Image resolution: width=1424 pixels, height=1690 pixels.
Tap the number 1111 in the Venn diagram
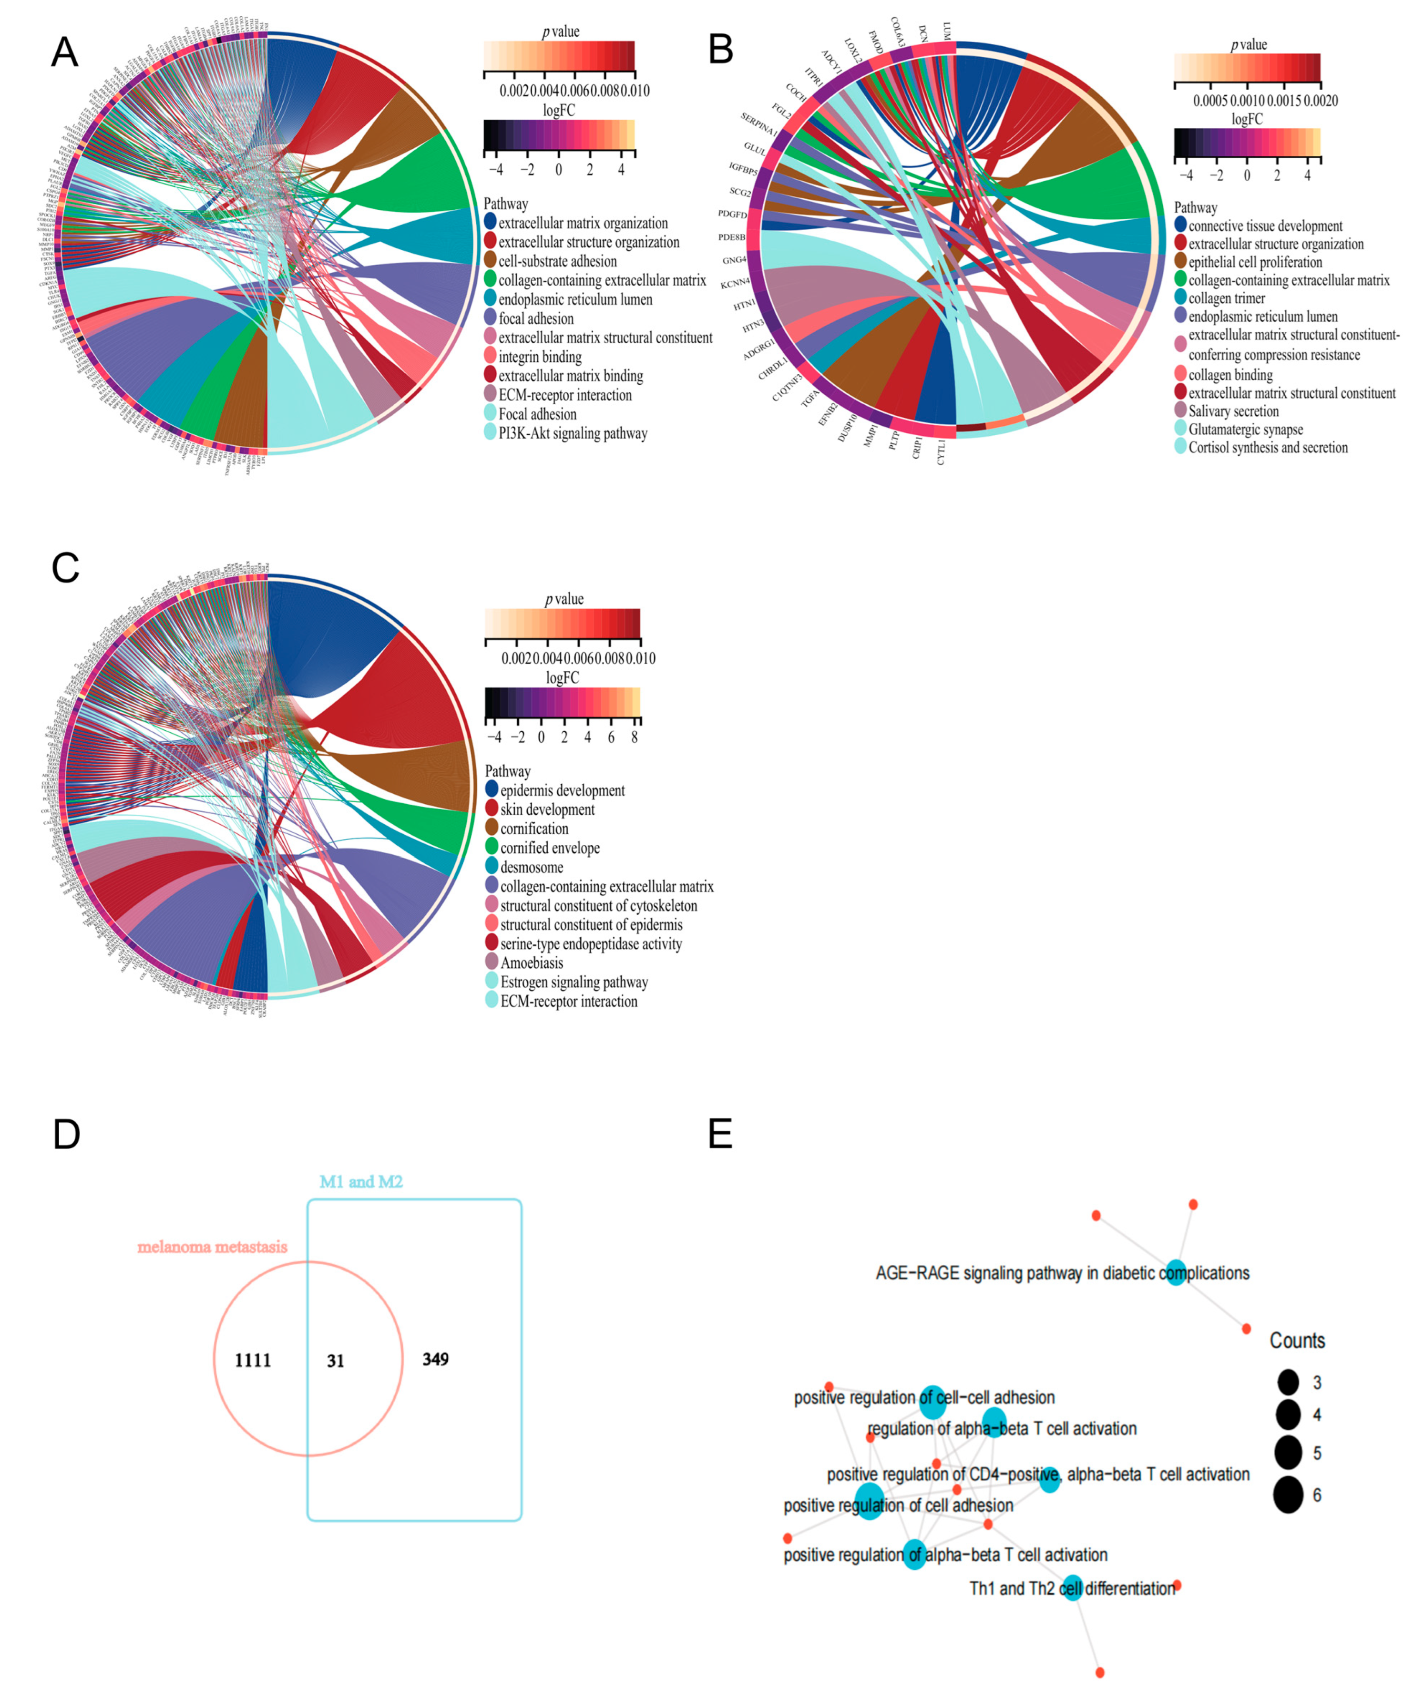pyautogui.click(x=253, y=1361)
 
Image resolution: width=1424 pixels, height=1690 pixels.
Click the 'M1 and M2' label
pyautogui.click(x=361, y=1181)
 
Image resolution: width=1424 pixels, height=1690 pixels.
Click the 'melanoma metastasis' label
pyautogui.click(x=212, y=1247)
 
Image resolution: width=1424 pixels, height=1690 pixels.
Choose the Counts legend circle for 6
pyautogui.click(x=1289, y=1495)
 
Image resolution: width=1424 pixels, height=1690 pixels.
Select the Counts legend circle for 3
pyautogui.click(x=1289, y=1383)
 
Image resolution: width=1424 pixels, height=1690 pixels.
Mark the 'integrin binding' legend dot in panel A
pyautogui.click(x=490, y=357)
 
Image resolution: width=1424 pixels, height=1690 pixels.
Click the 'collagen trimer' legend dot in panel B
pyautogui.click(x=1180, y=298)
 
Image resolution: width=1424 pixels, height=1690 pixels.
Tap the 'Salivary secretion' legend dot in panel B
pyautogui.click(x=1180, y=411)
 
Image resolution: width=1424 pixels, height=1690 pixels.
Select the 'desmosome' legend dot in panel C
pyautogui.click(x=492, y=867)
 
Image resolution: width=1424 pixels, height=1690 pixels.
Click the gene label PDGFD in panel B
pyautogui.click(x=732, y=215)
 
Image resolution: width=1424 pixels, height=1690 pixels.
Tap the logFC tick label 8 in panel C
pyautogui.click(x=635, y=737)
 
